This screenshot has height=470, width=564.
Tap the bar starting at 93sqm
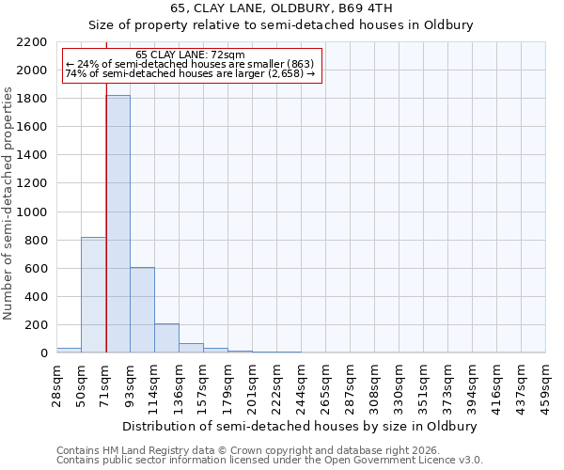tap(142, 310)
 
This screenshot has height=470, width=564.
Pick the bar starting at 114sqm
tap(166, 338)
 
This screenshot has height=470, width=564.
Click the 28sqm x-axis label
tap(56, 383)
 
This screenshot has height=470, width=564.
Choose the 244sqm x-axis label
tap(301, 384)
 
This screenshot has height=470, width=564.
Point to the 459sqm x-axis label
tap(545, 384)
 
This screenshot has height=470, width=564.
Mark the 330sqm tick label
tap(399, 384)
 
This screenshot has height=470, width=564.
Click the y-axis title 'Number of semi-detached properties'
tap(9, 203)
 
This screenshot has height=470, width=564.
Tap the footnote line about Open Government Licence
tap(269, 461)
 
